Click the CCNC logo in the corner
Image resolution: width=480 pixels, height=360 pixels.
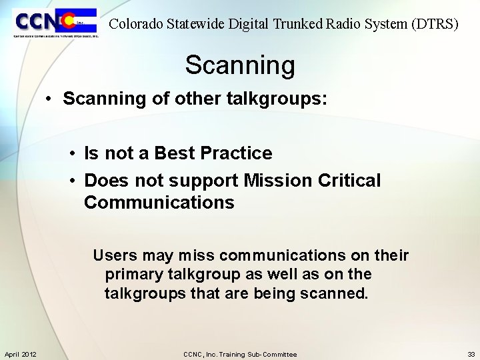point(55,23)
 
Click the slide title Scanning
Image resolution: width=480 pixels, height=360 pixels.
point(239,65)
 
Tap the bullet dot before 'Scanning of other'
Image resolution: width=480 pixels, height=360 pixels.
point(49,99)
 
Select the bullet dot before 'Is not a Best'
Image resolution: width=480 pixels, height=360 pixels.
point(72,153)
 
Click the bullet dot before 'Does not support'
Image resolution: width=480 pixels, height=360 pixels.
point(72,181)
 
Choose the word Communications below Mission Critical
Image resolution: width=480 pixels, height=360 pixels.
point(159,203)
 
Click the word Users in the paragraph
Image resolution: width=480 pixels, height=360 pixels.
point(115,255)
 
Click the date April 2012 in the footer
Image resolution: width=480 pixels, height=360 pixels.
point(20,354)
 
